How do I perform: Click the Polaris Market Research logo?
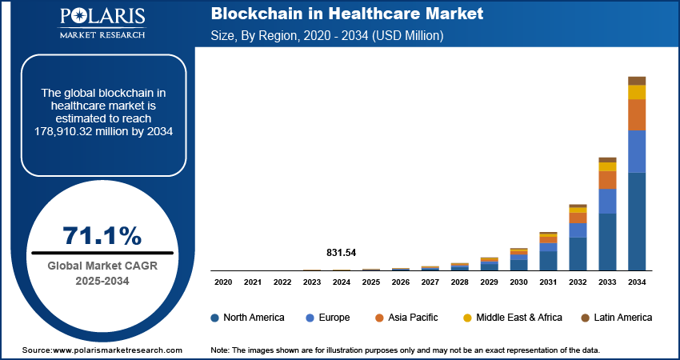click(x=102, y=23)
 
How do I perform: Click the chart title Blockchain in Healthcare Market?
click(x=346, y=15)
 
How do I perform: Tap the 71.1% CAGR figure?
click(x=102, y=236)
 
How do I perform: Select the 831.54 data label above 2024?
click(x=341, y=253)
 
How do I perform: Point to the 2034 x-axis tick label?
click(x=637, y=282)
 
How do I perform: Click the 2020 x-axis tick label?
click(x=223, y=282)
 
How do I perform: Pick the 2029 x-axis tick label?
click(x=489, y=282)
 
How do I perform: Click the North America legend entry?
click(x=247, y=318)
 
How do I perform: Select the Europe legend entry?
click(x=328, y=318)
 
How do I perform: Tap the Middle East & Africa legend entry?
click(x=512, y=318)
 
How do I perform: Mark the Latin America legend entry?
click(x=616, y=318)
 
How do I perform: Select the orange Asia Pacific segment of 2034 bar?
click(x=637, y=114)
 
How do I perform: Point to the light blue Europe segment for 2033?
click(x=607, y=201)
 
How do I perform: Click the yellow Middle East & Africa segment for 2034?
click(x=637, y=91)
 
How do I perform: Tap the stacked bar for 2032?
click(x=578, y=238)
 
